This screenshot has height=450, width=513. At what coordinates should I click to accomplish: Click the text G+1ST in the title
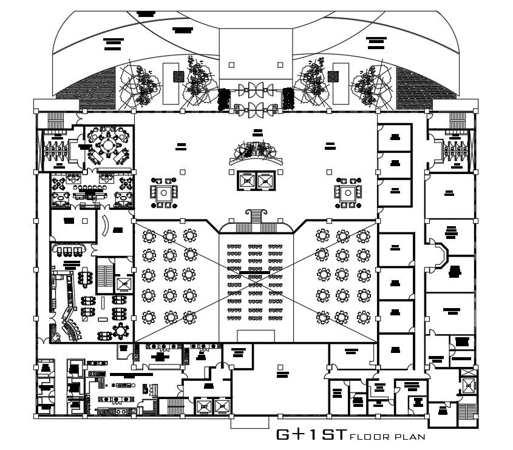(x=311, y=434)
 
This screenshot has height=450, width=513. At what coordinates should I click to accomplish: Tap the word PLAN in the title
(x=411, y=436)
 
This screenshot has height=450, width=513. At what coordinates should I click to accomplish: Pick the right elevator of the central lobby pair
(x=265, y=180)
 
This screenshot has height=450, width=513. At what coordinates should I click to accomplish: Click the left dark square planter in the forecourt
(x=178, y=76)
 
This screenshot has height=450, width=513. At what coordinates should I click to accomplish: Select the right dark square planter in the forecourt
(x=333, y=76)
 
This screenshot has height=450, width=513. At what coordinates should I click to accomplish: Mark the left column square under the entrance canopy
(x=231, y=64)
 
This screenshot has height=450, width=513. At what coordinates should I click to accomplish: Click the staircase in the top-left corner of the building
(x=56, y=118)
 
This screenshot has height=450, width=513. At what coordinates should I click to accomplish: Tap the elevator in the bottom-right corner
(x=468, y=383)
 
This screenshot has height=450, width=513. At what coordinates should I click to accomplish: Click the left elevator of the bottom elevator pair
(x=205, y=405)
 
